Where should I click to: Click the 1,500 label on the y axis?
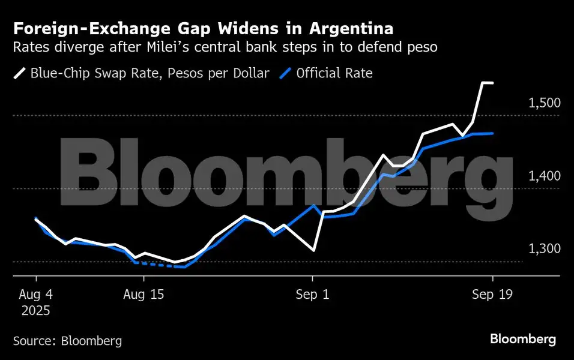pyautogui.click(x=544, y=103)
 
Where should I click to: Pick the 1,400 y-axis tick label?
pyautogui.click(x=544, y=176)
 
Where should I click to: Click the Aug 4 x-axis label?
pyautogui.click(x=36, y=295)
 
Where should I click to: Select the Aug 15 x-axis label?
pyautogui.click(x=143, y=295)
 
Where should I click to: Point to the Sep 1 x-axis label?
pyautogui.click(x=312, y=295)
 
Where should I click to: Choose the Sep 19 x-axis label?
pyautogui.click(x=492, y=295)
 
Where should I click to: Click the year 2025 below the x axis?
pyautogui.click(x=36, y=311)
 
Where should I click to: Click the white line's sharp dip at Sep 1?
pyautogui.click(x=313, y=250)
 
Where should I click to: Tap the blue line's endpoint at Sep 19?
pyautogui.click(x=492, y=133)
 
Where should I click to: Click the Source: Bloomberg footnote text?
pyautogui.click(x=67, y=341)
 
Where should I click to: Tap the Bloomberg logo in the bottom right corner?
pyautogui.click(x=522, y=340)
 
